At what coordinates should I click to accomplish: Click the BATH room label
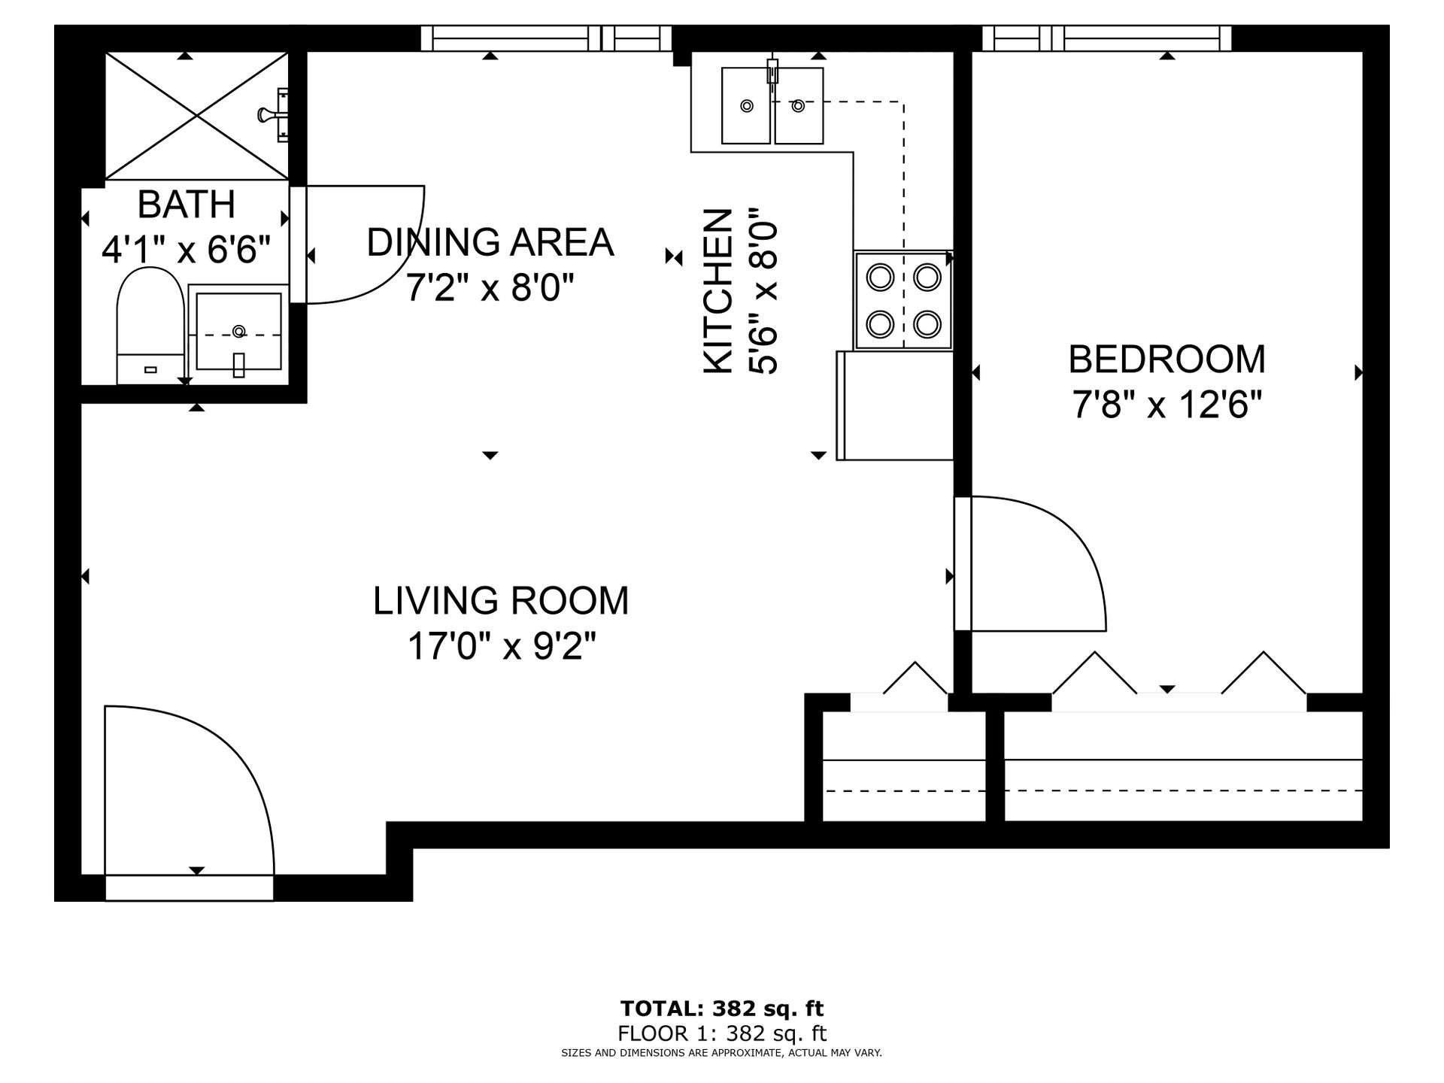click(187, 205)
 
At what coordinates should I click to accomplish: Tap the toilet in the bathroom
click(150, 326)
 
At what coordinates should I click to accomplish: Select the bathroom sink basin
click(239, 332)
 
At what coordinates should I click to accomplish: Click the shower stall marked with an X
click(196, 116)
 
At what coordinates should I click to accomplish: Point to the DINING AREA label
click(490, 242)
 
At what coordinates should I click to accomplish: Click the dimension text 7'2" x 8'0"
click(490, 287)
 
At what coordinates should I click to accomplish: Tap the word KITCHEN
click(718, 291)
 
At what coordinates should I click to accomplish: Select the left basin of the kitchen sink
click(746, 105)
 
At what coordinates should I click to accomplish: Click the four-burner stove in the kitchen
click(903, 300)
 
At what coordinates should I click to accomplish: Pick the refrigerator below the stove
click(895, 405)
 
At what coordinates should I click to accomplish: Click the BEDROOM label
click(1166, 359)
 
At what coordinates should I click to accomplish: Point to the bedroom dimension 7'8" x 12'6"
click(1166, 406)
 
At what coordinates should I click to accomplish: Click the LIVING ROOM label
click(501, 601)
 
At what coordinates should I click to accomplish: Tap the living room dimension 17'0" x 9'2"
click(502, 646)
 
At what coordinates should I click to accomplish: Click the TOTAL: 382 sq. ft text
click(721, 1009)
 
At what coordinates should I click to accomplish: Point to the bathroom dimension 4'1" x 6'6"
click(186, 249)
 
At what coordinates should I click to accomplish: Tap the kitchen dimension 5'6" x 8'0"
click(763, 291)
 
